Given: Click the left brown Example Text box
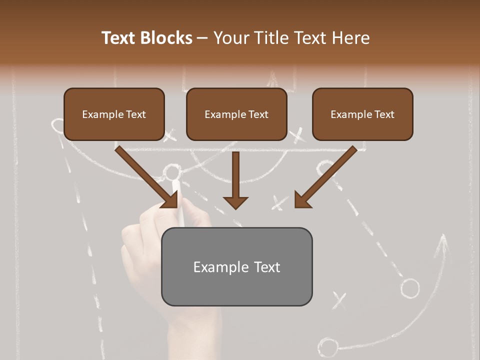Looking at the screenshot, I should [x=114, y=114].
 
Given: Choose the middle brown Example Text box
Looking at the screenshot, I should [x=236, y=114].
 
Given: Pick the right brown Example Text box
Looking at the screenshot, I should [x=362, y=114].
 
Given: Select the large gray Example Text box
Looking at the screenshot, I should [x=236, y=267].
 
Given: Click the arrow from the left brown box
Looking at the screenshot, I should [x=147, y=177].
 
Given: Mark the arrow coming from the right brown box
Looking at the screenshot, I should [x=325, y=177].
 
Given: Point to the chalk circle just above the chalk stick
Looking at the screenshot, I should [x=171, y=173].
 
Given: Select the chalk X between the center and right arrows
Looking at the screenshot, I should [x=280, y=202].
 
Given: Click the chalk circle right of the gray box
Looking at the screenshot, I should [x=410, y=288].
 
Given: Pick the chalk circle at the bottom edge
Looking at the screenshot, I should [x=328, y=346].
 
